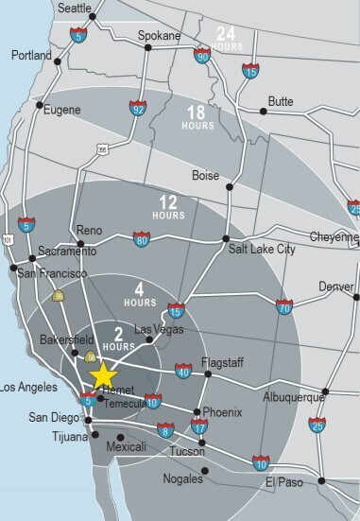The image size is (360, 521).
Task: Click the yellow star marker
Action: tap(102, 377)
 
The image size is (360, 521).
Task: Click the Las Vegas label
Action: tap(156, 329)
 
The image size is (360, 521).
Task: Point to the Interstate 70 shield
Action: tap(284, 305)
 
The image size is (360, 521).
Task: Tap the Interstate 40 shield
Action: tap(181, 373)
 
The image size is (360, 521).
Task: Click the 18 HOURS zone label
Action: tap(197, 117)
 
